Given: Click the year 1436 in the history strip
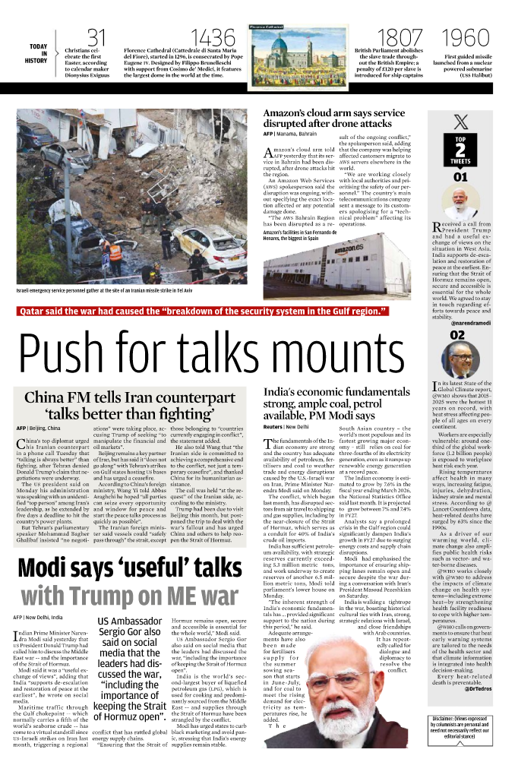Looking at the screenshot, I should click(213, 36).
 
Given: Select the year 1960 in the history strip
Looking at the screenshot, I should click(465, 36).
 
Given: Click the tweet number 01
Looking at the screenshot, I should click(460, 178).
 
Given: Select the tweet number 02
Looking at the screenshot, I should click(458, 335).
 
